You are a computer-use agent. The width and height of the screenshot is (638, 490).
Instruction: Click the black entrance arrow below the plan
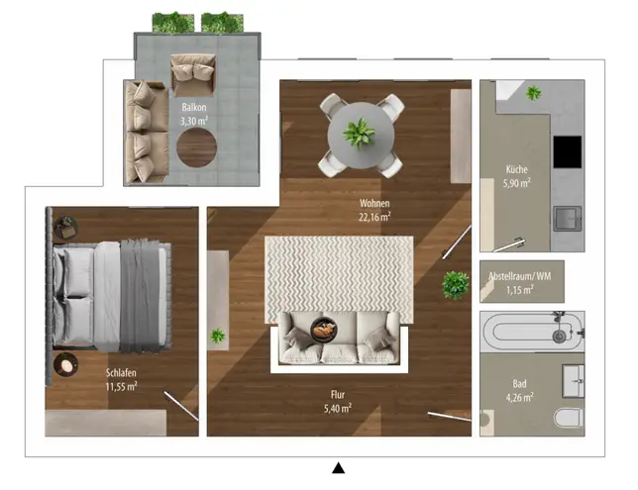point(338,468)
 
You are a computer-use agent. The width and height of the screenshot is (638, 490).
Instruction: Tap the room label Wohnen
point(374,203)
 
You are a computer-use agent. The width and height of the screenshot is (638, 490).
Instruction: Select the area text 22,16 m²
point(374,217)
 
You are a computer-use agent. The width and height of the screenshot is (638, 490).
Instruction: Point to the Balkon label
point(194,107)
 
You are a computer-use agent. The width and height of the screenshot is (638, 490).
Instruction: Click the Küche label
point(516,169)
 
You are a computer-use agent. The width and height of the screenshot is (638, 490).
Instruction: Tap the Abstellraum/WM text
point(519,276)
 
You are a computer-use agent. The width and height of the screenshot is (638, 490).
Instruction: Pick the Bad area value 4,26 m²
point(519,397)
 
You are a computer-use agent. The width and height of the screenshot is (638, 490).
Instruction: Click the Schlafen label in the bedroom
point(121,372)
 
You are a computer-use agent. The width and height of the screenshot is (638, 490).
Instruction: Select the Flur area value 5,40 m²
point(337,408)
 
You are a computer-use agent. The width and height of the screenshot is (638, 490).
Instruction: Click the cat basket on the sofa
point(324,329)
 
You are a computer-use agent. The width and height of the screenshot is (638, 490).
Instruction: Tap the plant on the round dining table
point(359,133)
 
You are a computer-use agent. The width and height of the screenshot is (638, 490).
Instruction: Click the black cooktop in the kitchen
point(568,151)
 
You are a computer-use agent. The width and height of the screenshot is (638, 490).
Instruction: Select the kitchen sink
point(568,219)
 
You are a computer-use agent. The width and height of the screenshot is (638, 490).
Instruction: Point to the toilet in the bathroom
point(569,418)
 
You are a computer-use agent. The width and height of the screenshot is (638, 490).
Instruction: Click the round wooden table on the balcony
point(196,147)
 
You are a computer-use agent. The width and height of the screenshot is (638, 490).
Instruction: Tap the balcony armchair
point(193,75)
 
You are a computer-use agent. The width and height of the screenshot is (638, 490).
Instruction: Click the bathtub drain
point(559,336)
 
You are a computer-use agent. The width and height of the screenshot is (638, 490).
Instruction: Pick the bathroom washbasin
point(573,381)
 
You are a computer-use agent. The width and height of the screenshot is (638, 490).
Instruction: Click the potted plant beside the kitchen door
point(456,285)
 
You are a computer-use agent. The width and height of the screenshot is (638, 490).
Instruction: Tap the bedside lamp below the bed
point(65,364)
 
